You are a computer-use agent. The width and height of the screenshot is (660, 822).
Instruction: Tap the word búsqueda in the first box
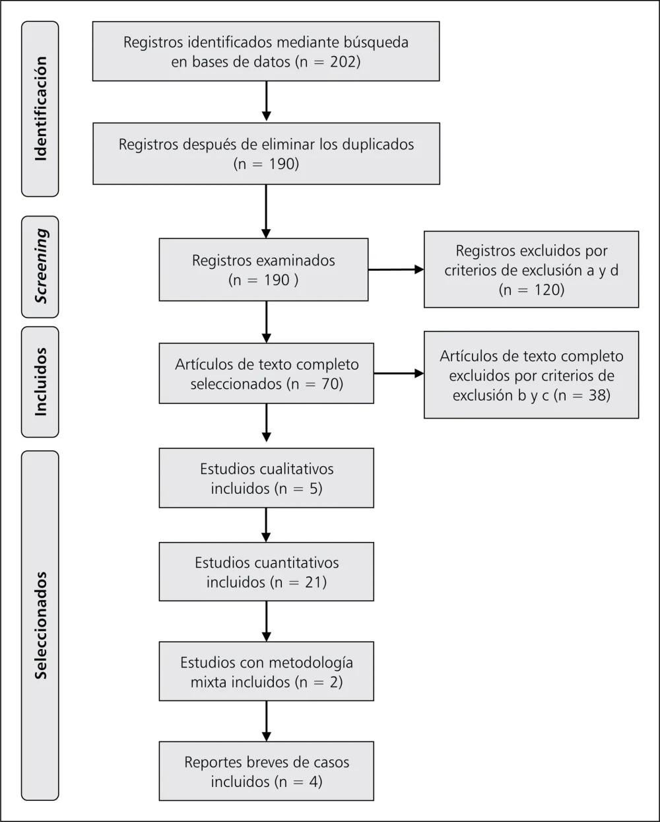tap(376, 42)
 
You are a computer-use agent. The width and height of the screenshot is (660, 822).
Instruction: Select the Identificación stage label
tap(40, 109)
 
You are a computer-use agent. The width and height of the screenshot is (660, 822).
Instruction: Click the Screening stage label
tap(40, 266)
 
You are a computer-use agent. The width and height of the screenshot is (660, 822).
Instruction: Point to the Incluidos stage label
tap(40, 382)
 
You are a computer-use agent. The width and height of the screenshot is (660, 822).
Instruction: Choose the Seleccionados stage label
tap(40, 625)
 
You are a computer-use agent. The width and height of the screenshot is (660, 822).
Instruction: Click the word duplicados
tap(378, 145)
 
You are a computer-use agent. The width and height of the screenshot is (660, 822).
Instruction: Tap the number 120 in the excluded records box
tap(546, 290)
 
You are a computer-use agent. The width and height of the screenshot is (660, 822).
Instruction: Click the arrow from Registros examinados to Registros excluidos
tap(396, 269)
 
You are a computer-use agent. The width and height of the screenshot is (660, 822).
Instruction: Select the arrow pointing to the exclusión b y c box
tap(399, 373)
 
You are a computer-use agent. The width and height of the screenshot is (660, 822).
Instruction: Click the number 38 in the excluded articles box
tap(597, 395)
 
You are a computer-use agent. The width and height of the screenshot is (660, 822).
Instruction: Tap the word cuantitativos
tap(296, 563)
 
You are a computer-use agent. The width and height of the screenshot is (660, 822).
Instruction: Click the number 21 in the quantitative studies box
tap(313, 582)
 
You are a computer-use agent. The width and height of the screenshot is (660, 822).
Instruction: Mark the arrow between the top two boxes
tap(266, 102)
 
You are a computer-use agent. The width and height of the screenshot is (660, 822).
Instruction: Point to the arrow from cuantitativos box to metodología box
tap(266, 621)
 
